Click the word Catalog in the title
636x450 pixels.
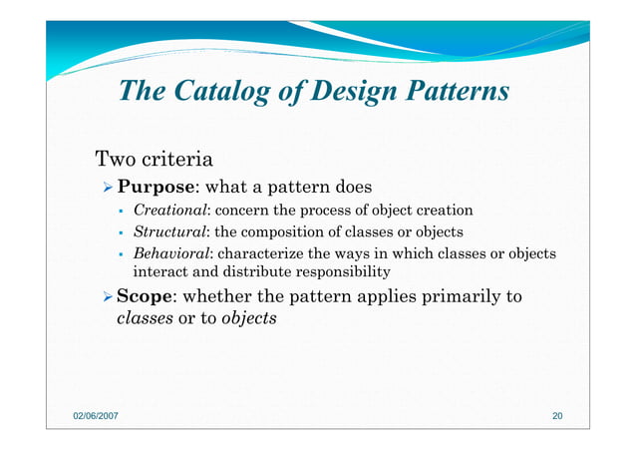[x=214, y=92]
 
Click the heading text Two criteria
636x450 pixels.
[x=152, y=159]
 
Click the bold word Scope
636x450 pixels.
[x=146, y=296]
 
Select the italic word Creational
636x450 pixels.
[x=170, y=211]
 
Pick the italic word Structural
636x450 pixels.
[x=168, y=231]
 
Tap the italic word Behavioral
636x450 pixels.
[x=170, y=253]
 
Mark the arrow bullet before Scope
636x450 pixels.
[x=108, y=296]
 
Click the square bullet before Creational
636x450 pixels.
[x=119, y=211]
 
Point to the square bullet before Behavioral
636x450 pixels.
[x=119, y=253]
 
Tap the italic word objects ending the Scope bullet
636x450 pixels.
[x=248, y=319]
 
